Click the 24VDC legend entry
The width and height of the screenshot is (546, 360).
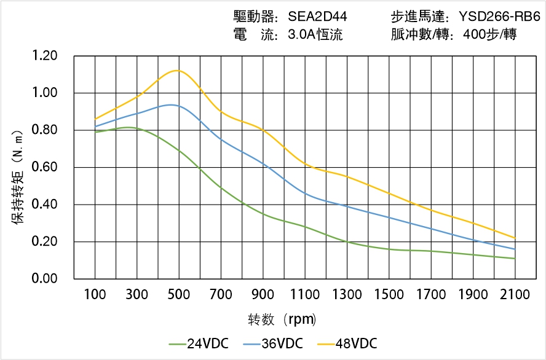tap(199, 343)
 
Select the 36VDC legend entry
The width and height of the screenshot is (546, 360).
tap(273, 343)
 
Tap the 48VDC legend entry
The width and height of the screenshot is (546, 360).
tap(347, 343)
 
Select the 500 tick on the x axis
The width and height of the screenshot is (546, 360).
tap(179, 295)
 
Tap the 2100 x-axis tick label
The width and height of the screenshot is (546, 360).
tap(515, 295)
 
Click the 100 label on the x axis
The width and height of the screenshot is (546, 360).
tap(95, 295)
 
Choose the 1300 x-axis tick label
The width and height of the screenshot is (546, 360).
tap(347, 295)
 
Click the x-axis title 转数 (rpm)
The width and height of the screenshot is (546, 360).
tap(282, 319)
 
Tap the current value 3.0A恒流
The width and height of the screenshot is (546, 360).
tap(315, 34)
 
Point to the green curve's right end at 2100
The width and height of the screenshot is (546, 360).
tap(515, 259)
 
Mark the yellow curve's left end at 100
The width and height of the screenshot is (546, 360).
tap(95, 119)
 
